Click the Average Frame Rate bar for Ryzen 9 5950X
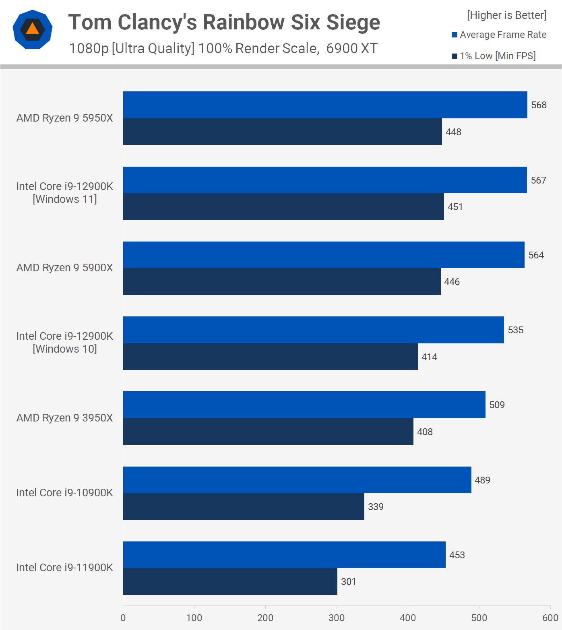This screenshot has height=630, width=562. pos(325,105)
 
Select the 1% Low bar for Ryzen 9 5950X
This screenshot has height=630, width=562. pos(282,132)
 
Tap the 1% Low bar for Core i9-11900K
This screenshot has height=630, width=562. pos(230,581)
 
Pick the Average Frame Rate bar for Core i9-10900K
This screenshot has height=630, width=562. pos(297,480)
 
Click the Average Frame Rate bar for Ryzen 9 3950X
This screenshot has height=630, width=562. pos(304,405)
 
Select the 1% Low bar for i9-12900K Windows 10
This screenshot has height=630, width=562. pos(270,357)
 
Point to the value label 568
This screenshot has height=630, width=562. pos(539,105)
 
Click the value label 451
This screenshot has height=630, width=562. pos(455,207)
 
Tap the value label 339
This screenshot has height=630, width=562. pos(376,507)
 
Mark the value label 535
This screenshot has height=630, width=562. pos(515,330)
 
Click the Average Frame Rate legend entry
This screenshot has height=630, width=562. pos(499,35)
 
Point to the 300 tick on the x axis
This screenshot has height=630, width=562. pos(337,618)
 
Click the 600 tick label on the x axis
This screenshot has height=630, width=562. pos(550,618)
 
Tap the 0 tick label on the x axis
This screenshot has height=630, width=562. pos(123,618)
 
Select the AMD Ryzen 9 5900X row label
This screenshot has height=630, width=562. pos(64,268)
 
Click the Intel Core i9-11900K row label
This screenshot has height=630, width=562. pos(64,568)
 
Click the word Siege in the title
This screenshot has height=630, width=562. pos(353,22)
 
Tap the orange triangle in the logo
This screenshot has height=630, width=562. pos(32,29)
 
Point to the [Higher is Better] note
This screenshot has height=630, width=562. pos(506,15)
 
